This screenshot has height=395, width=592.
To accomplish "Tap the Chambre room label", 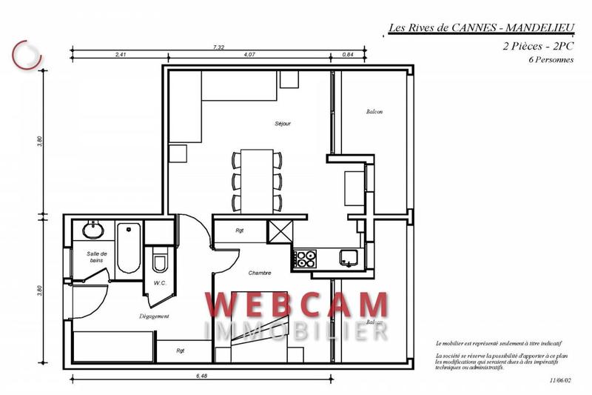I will coord(260,273).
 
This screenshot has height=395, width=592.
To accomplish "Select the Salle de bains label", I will coord(92,257).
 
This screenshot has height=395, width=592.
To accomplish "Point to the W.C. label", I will coord(159,282).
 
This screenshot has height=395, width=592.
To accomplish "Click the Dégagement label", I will coord(155,316).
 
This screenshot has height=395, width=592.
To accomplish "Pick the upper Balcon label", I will coord(374,112).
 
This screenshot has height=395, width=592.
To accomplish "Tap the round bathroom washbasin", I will coord(93,230).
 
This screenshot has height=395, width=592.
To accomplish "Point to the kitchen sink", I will coord(348,258).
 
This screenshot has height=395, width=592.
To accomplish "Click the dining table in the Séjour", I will coord(257,179).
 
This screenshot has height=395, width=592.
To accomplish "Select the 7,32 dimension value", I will coord(218,47).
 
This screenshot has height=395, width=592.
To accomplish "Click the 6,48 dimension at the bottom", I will coord(201,376).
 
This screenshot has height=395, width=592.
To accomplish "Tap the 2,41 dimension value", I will coord(121,55).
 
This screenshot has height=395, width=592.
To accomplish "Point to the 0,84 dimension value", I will coord(348,55).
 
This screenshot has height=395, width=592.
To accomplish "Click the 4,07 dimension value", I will coord(249,55).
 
